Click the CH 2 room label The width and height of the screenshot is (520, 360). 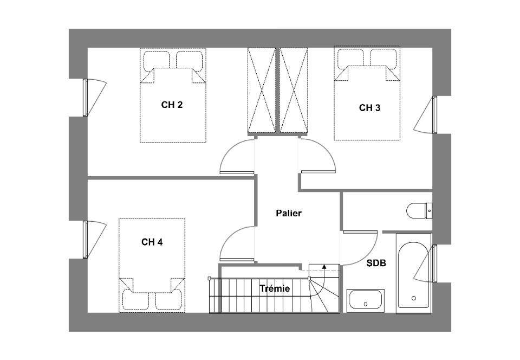point(172,105)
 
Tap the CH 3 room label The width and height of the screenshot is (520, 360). point(370,108)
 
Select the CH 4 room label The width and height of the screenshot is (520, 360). point(152,242)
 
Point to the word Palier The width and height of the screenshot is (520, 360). point(289,213)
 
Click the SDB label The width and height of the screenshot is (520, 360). point(376,263)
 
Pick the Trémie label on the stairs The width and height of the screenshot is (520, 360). point(275,288)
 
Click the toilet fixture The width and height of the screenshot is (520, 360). point(419,210)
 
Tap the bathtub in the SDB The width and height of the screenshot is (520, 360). point(413,274)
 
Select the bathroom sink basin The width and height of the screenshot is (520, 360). point(366,300)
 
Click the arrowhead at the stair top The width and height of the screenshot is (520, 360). point(324,266)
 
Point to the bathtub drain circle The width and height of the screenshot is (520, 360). point(413,298)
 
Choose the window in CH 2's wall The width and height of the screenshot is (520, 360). point(85,98)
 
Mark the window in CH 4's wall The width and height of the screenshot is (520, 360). point(85,240)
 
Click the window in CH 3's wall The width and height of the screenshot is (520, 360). point(434,115)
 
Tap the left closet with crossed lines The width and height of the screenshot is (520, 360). point(262,91)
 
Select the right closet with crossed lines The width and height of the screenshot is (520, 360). point(294,91)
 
